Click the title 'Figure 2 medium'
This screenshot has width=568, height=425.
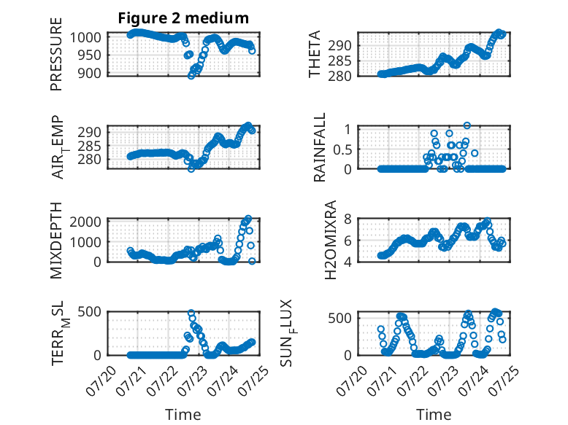[x=183, y=18]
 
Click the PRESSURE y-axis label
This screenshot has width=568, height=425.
[x=56, y=54]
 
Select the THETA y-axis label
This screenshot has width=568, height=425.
[x=315, y=54]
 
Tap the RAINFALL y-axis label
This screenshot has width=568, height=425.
[x=320, y=147]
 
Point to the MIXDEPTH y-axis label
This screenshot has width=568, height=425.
[x=56, y=241]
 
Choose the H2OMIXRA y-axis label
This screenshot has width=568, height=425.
[x=331, y=240]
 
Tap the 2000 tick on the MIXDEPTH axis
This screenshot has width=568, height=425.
[x=85, y=222]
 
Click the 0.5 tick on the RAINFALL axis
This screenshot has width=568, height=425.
[x=342, y=149]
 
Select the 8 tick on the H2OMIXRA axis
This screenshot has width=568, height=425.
[x=348, y=219]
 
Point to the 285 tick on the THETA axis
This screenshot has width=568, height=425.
[x=340, y=61]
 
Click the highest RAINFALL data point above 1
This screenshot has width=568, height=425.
[x=467, y=125]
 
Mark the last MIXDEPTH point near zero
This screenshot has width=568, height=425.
[x=252, y=261]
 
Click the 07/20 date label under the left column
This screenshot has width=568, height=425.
[x=101, y=381]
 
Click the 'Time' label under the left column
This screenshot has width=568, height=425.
[x=183, y=415]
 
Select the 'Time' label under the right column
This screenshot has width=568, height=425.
[x=434, y=415]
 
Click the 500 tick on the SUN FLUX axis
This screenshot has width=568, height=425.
[x=340, y=318]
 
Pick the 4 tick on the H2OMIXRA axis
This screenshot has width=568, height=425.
[x=348, y=262]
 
